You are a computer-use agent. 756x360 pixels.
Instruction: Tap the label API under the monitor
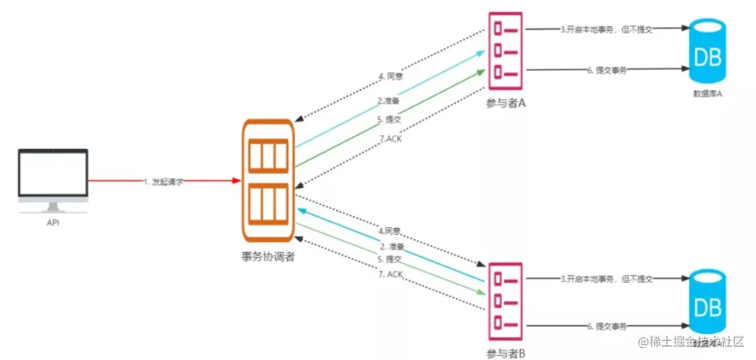(52, 223)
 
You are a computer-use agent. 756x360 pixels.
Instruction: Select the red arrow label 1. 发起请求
(163, 181)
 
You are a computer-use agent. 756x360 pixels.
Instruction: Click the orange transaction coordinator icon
(268, 180)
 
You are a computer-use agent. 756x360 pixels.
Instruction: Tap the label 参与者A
(506, 104)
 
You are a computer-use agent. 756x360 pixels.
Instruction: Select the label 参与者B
(506, 353)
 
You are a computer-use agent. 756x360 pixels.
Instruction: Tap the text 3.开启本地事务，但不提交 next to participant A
(605, 29)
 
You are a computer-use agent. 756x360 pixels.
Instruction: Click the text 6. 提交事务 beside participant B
(607, 326)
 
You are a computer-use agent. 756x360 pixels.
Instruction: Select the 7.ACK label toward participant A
(390, 138)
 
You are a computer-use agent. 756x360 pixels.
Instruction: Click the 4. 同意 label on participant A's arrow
(391, 76)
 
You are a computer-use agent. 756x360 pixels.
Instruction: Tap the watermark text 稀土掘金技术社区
(694, 341)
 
